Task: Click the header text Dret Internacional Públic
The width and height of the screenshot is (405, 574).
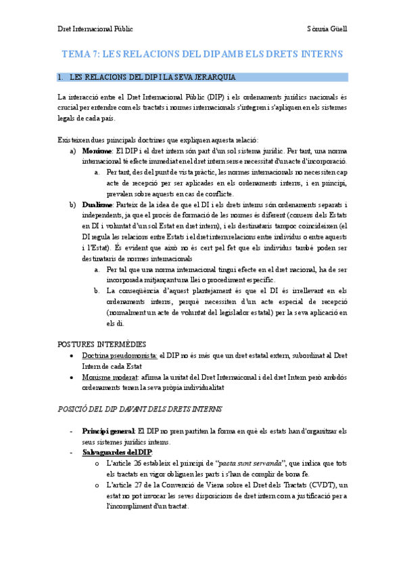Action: point(95,29)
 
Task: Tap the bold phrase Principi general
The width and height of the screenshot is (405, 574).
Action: point(108,431)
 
